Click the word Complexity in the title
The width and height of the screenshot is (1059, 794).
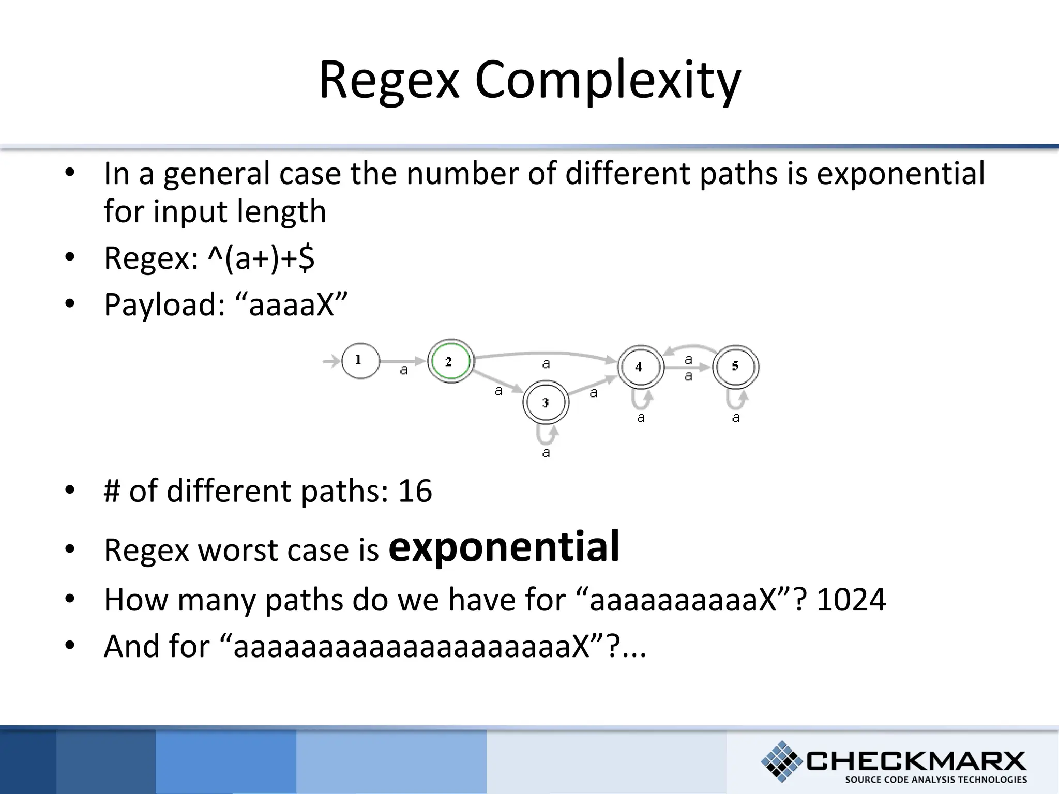click(x=608, y=80)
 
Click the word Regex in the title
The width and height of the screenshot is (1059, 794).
click(x=389, y=80)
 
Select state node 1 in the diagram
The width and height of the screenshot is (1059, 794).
click(x=360, y=361)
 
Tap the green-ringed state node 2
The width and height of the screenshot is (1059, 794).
click(x=450, y=361)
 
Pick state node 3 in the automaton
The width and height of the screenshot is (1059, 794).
click(x=546, y=403)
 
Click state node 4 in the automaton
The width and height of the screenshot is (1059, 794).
click(x=640, y=367)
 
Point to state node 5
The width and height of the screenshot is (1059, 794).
click(x=735, y=367)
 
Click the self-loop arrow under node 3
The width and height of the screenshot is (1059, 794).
click(x=547, y=436)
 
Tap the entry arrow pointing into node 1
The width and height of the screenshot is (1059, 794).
click(x=331, y=361)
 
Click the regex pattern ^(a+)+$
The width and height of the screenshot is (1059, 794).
click(x=261, y=258)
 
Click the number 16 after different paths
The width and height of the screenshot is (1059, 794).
click(x=415, y=491)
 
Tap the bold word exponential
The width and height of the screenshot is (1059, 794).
click(x=504, y=546)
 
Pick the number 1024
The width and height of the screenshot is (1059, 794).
click(x=851, y=600)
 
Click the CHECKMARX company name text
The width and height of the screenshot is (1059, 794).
click(x=916, y=760)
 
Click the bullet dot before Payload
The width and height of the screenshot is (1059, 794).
click(x=70, y=304)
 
